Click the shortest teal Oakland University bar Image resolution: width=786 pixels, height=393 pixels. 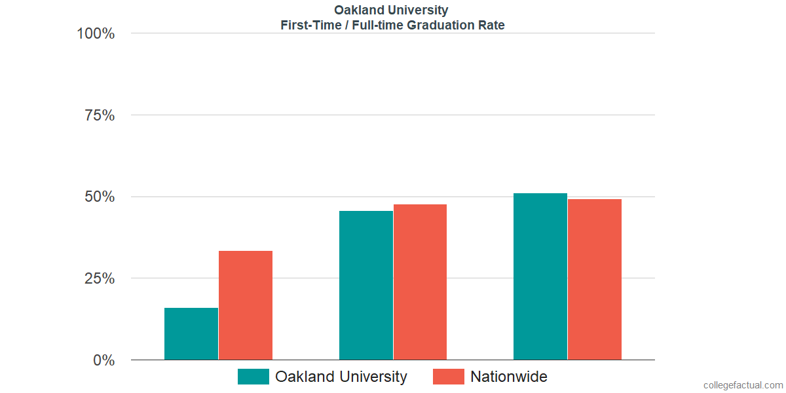coord(191,334)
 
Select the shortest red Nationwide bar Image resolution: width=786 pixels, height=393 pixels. coord(246,305)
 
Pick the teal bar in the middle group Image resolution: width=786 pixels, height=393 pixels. coord(366,285)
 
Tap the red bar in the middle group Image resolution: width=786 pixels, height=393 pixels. coord(420,282)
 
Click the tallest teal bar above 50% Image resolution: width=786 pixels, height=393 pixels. coord(540,276)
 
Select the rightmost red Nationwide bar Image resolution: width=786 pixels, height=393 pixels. coord(595,279)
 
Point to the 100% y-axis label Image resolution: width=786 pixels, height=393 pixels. coord(96,33)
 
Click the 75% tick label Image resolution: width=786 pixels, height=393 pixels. coord(100,115)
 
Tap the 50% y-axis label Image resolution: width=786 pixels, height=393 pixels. coord(100,197)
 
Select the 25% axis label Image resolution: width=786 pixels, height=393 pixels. coord(100,278)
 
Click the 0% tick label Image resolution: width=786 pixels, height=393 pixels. coord(103,360)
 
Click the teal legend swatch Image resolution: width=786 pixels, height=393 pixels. coord(253,377)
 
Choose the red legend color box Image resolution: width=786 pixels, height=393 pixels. coord(449,377)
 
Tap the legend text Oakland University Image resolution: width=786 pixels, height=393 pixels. coord(341,377)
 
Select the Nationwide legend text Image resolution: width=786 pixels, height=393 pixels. coord(509,377)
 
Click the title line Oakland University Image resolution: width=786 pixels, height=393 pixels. coord(392,10)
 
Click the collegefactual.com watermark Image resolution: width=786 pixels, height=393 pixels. coord(743,385)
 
